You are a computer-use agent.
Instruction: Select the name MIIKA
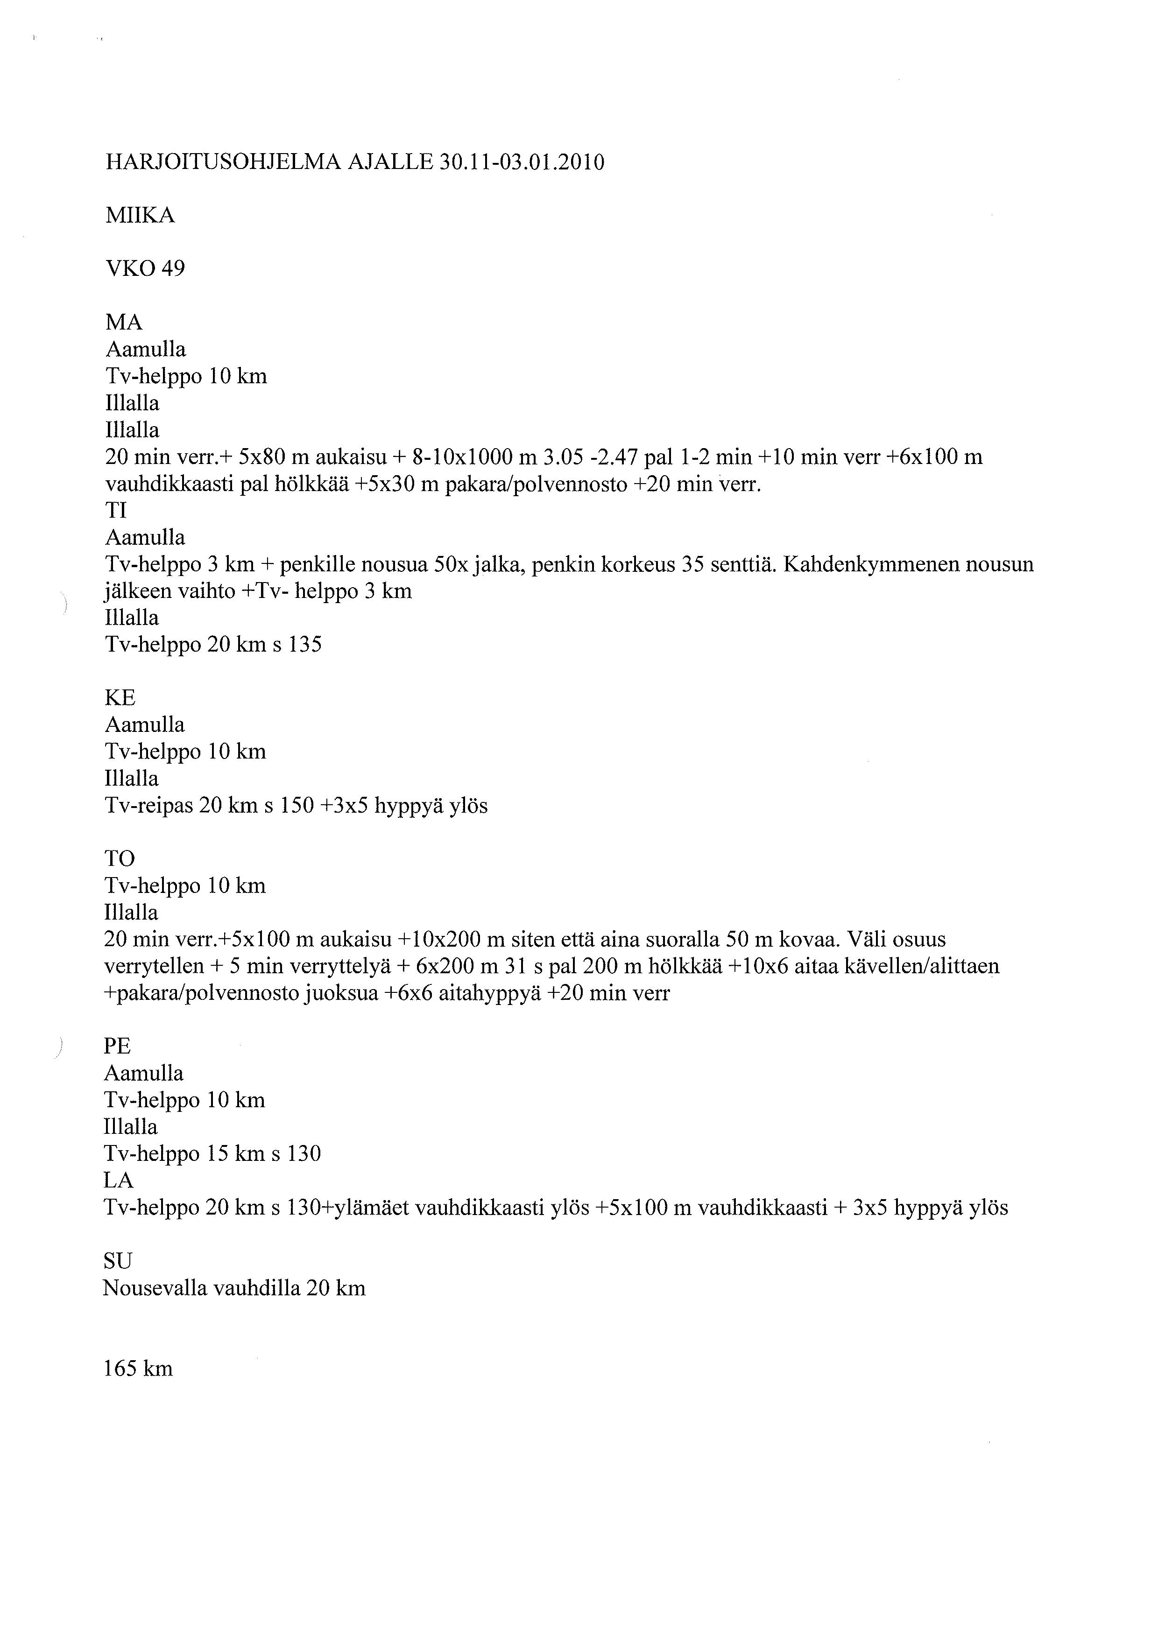pos(140,215)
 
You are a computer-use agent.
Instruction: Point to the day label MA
pos(123,323)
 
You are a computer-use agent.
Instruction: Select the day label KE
pos(120,698)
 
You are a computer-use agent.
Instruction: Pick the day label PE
pos(118,1047)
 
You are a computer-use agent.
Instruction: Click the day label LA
pos(118,1180)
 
